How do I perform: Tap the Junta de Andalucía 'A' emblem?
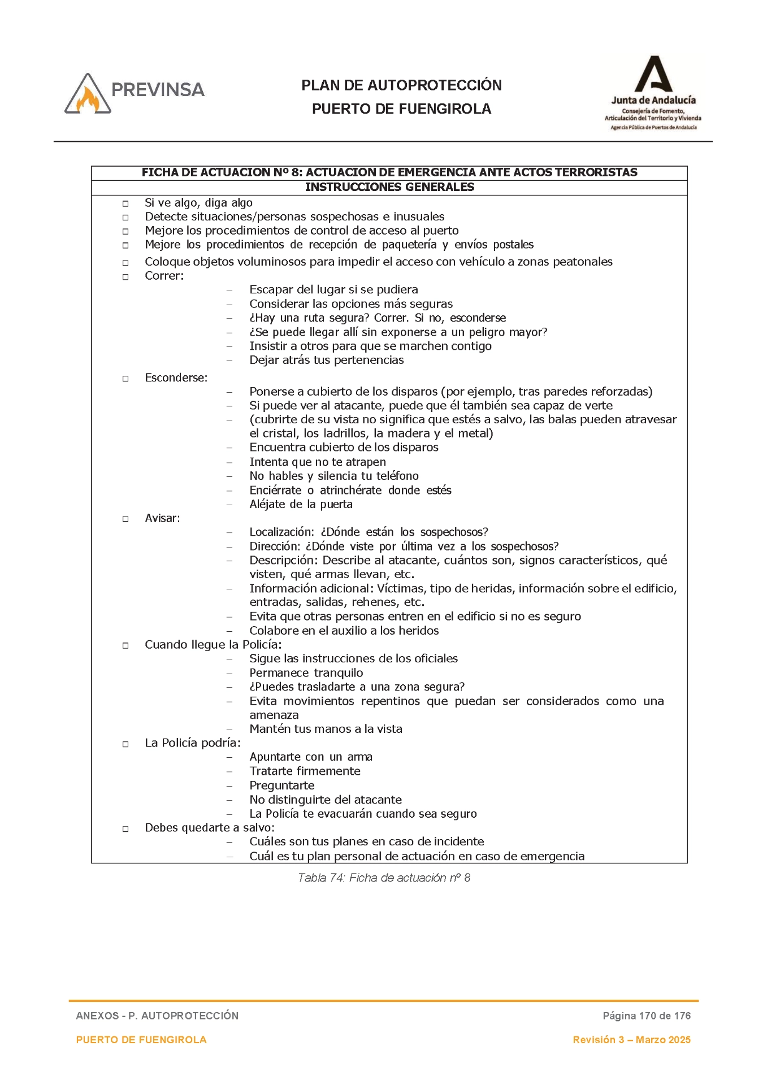pos(653,74)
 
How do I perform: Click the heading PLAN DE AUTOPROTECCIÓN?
pos(401,85)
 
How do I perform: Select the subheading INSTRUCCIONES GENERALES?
pos(389,188)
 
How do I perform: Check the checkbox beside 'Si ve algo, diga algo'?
pos(125,203)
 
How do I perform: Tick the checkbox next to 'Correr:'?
pos(125,277)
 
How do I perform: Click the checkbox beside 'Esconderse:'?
pos(125,379)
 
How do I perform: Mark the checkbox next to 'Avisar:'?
pos(125,519)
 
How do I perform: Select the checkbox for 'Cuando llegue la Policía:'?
pos(125,645)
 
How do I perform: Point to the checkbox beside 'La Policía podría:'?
pos(125,744)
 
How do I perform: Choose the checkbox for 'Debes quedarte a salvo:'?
pos(125,829)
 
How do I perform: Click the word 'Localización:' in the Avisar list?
pos(281,532)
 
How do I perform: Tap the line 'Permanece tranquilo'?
pos(306,673)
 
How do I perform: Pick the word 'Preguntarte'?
pos(282,785)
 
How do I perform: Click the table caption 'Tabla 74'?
pos(320,878)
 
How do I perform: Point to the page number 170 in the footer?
pos(647,1015)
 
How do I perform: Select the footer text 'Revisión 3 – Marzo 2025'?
pos(631,1040)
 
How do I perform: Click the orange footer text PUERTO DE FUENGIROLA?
pos(141,1040)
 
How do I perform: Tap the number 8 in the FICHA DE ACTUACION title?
pos(294,173)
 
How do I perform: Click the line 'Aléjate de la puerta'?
pos(301,505)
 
